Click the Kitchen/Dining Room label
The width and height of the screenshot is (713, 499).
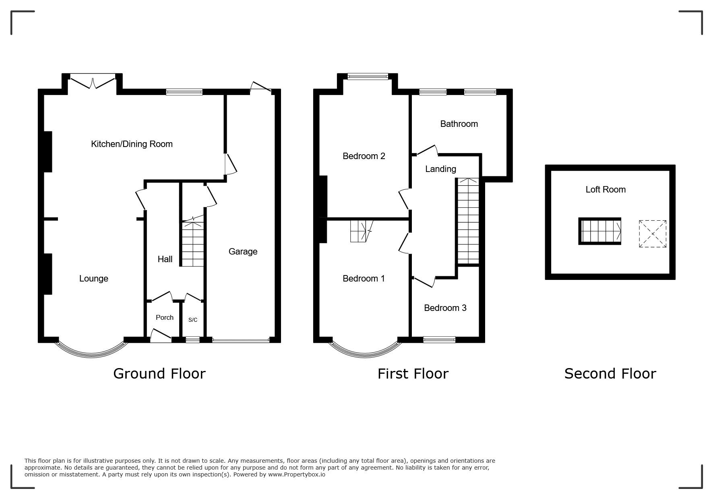tap(132, 144)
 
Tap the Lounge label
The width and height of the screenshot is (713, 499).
tap(93, 279)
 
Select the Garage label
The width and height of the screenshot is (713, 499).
tap(243, 252)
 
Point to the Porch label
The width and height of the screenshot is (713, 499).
tap(165, 317)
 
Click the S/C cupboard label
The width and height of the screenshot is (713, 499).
tap(193, 320)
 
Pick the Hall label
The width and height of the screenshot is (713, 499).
tap(165, 259)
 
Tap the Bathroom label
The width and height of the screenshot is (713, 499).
tap(459, 124)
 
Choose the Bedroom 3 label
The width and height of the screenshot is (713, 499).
tap(445, 308)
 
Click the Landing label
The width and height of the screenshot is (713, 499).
tap(440, 169)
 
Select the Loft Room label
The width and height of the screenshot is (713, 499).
tap(606, 190)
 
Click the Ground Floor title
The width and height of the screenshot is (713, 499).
tap(159, 374)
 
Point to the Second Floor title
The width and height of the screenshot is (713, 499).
tap(610, 374)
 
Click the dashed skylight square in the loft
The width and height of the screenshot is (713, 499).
tap(653, 234)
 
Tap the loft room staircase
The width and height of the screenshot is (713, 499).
tap(600, 231)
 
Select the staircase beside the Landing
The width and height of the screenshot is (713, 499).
tap(468, 221)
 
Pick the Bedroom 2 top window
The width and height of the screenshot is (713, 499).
tap(368, 77)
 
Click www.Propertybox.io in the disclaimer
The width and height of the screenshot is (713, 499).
tap(297, 474)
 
